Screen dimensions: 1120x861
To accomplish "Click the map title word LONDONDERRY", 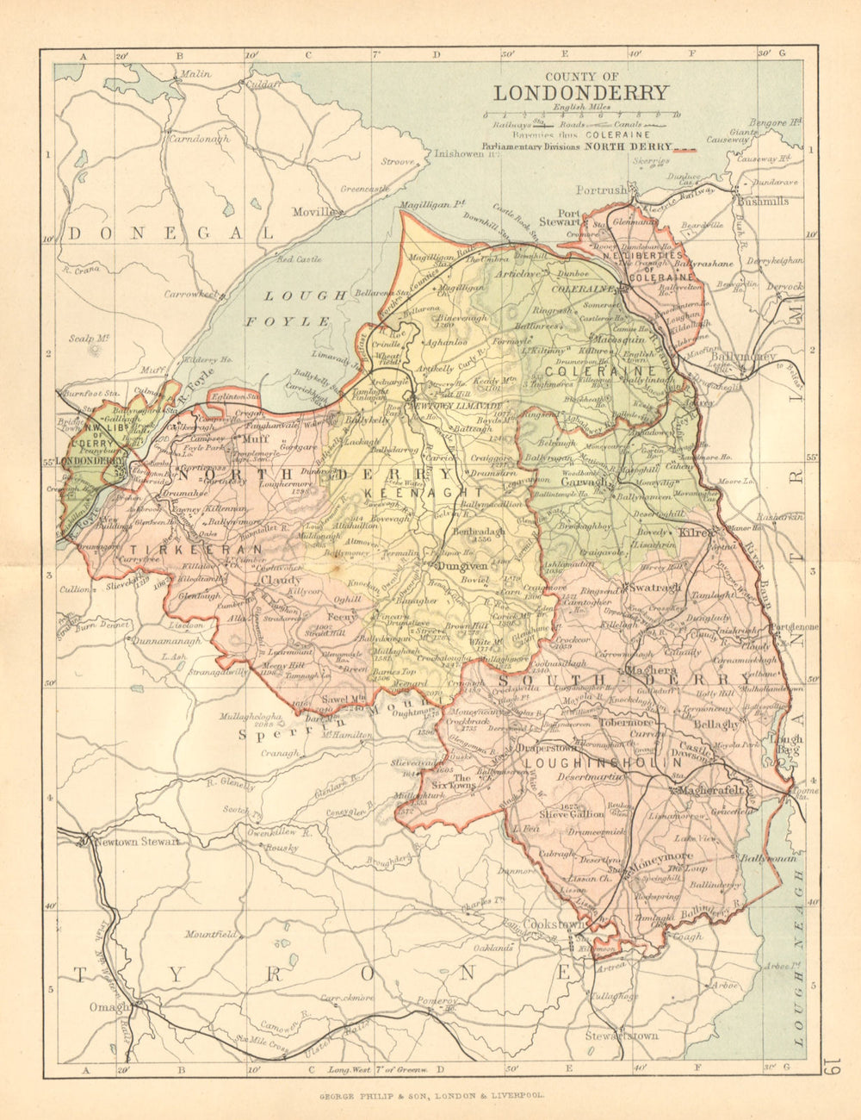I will coord(580,93).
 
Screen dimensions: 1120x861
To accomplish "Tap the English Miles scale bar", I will coord(580,114).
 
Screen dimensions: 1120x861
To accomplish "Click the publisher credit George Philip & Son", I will coord(430,1098).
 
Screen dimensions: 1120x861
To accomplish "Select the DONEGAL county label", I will coord(171,233).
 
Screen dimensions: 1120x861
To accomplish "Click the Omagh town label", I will coord(108,1006).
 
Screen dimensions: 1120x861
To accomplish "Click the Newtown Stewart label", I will coord(137,842).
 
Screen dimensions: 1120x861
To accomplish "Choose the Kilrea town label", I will coord(695,533).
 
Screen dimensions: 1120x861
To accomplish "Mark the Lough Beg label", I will coord(786,745).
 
